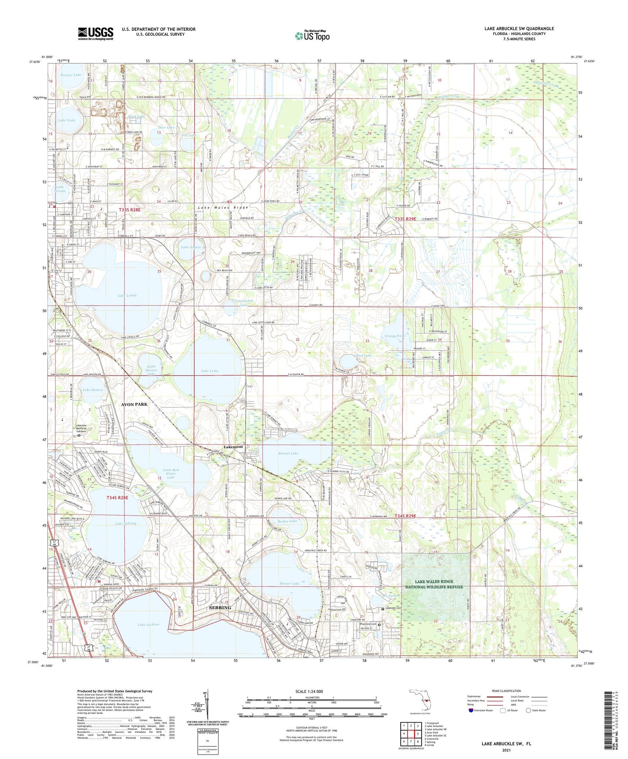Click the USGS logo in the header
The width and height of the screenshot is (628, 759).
click(x=96, y=33)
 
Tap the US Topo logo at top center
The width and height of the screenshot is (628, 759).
click(x=312, y=36)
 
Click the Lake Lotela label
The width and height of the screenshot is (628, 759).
click(x=127, y=295)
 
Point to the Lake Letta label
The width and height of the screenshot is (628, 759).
click(x=209, y=371)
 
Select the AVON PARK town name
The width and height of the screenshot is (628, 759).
click(x=134, y=404)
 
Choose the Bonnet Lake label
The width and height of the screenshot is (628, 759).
click(x=288, y=453)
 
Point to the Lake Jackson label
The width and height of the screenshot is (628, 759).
click(x=148, y=624)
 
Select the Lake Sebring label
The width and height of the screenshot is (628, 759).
click(x=126, y=523)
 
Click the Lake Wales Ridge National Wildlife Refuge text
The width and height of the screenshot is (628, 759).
click(x=434, y=584)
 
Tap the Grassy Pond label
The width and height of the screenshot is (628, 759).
click(x=395, y=336)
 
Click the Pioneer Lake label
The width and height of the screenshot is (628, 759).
click(x=71, y=75)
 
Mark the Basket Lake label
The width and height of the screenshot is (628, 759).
click(x=287, y=521)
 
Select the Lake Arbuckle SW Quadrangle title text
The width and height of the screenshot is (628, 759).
click(x=519, y=29)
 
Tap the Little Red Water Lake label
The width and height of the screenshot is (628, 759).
click(x=170, y=473)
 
